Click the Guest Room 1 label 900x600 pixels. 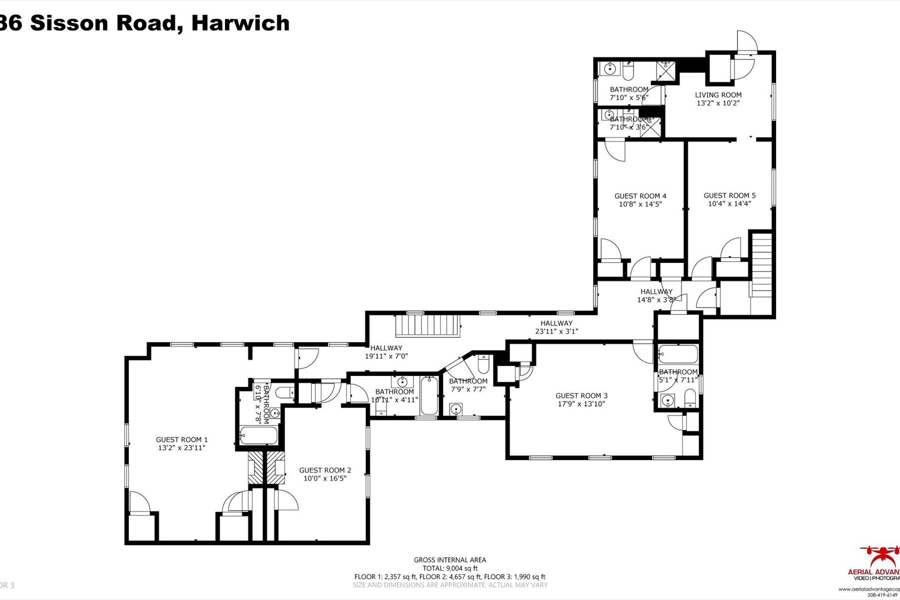click(181, 440)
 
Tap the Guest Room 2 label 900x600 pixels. click(325, 470)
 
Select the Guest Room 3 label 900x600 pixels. click(581, 395)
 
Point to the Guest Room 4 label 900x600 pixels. click(640, 196)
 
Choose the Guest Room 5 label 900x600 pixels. click(729, 195)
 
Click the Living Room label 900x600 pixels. click(718, 95)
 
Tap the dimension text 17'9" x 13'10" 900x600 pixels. click(581, 403)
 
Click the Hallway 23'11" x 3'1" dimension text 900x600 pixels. click(556, 331)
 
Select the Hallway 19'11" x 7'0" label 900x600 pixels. click(386, 348)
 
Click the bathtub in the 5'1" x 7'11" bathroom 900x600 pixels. click(678, 354)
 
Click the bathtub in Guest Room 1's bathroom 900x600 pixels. click(258, 435)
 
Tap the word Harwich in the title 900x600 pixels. click(240, 23)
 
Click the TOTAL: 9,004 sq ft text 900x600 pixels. click(449, 568)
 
